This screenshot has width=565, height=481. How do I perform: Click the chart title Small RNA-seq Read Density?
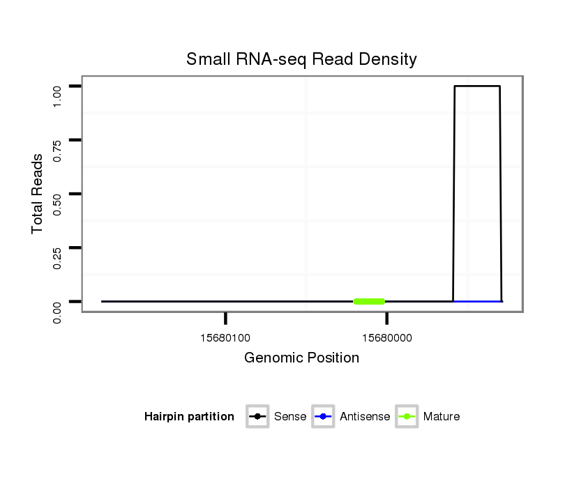tap(301, 59)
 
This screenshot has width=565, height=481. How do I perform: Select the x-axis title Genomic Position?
tap(301, 358)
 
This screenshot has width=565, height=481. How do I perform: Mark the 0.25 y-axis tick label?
tap(59, 258)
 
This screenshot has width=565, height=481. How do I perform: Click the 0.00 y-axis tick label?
tap(59, 312)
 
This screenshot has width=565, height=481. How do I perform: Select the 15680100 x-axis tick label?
tap(225, 338)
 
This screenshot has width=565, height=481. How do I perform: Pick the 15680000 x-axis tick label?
tap(386, 338)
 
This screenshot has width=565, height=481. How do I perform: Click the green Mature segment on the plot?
tap(369, 301)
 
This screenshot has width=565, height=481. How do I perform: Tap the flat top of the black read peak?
tap(477, 86)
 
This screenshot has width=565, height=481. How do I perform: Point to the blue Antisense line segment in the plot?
tap(478, 301)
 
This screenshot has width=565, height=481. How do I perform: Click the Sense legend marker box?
tap(257, 417)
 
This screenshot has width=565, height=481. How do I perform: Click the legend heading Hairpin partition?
tap(189, 417)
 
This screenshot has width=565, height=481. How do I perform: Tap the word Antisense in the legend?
tap(365, 417)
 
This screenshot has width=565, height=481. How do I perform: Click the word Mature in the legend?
tap(441, 417)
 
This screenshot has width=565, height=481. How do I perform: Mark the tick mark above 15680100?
tap(225, 319)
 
